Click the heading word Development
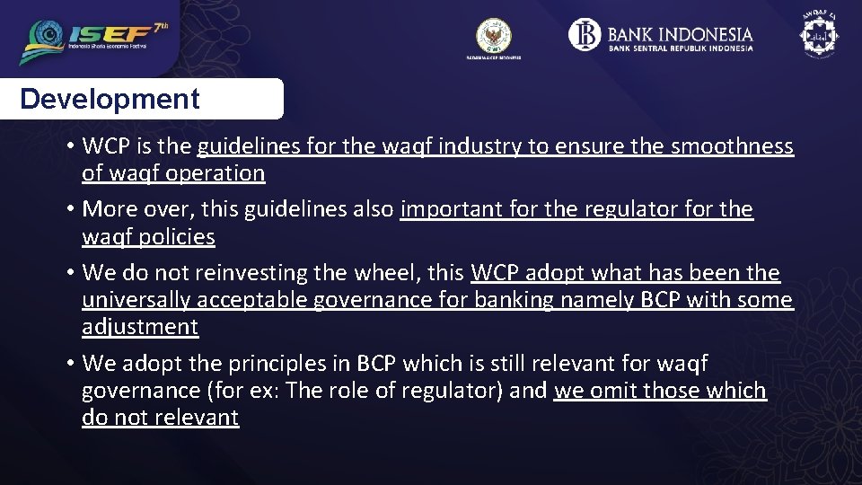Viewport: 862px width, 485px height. [110, 99]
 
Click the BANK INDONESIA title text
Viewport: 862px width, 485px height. [680, 34]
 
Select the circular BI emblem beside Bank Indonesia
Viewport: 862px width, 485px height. [585, 35]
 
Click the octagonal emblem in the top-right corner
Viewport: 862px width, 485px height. [818, 34]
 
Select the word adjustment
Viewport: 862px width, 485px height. [139, 327]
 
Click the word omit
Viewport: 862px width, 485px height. [614, 391]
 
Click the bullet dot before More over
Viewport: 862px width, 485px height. [68, 210]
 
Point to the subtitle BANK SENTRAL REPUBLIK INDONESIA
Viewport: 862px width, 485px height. [681, 48]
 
